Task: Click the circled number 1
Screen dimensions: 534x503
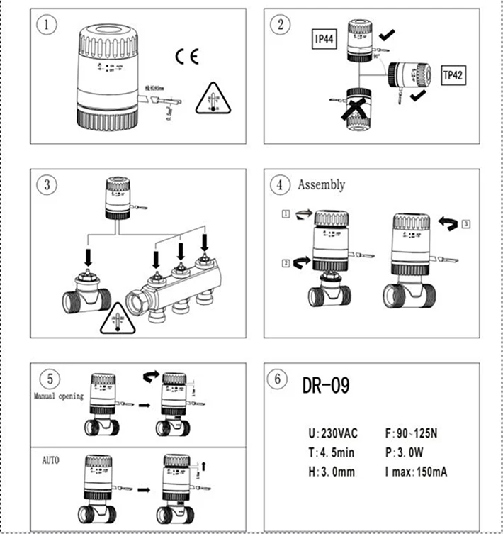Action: (47, 25)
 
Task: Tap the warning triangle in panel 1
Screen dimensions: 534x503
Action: (211, 98)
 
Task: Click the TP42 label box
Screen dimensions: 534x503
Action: (455, 73)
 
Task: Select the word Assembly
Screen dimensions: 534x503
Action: (321, 185)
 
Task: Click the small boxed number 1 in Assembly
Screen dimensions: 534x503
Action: (285, 213)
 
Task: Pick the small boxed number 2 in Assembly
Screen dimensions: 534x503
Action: (284, 263)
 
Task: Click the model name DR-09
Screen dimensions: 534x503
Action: (326, 385)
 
